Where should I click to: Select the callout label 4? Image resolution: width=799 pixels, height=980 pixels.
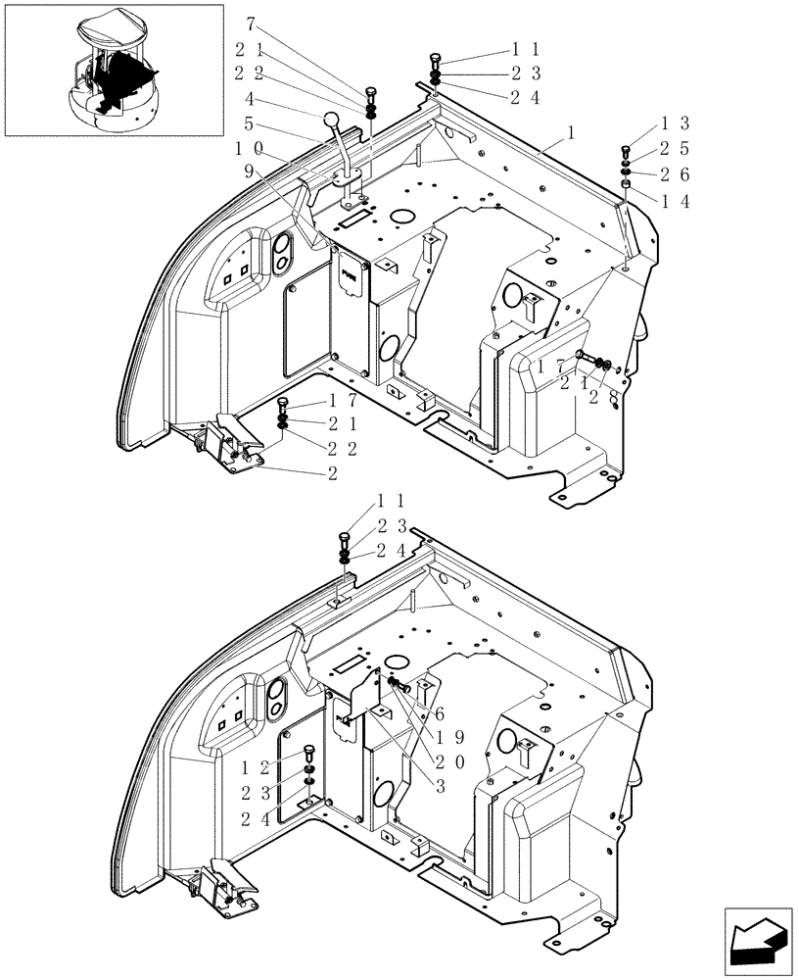(x=251, y=98)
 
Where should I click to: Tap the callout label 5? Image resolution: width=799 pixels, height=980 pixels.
(x=251, y=123)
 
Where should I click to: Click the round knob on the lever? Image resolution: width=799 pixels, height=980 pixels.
(x=332, y=121)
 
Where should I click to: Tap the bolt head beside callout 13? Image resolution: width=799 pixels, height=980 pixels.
(x=625, y=150)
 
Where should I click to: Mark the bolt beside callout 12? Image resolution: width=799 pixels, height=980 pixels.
(x=309, y=755)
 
